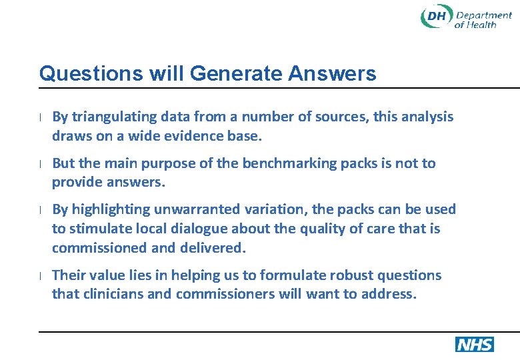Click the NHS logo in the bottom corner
click(474, 344)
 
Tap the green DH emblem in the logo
click(436, 17)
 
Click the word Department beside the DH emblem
click(484, 15)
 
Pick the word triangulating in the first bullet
click(112, 117)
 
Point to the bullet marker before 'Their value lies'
click(41, 275)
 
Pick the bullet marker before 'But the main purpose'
click(41, 164)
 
